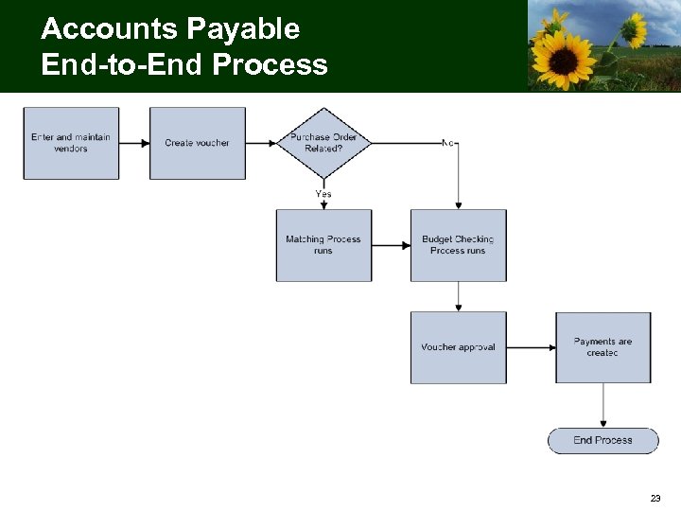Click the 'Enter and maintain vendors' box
(x=71, y=143)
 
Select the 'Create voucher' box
(x=197, y=143)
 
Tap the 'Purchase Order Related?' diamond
(x=323, y=143)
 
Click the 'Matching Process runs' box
(x=323, y=245)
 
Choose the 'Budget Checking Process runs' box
(x=458, y=245)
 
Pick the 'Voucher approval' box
(x=458, y=347)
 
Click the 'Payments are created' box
(x=602, y=347)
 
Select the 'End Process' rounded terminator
(x=602, y=440)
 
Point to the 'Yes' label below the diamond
(x=323, y=194)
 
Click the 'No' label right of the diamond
(x=449, y=143)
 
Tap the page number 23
(x=655, y=498)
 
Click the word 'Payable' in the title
(x=242, y=29)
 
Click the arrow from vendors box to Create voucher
(x=134, y=143)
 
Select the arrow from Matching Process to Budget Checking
(x=391, y=245)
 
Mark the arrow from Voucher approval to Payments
(x=531, y=347)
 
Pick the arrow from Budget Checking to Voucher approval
(x=458, y=296)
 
